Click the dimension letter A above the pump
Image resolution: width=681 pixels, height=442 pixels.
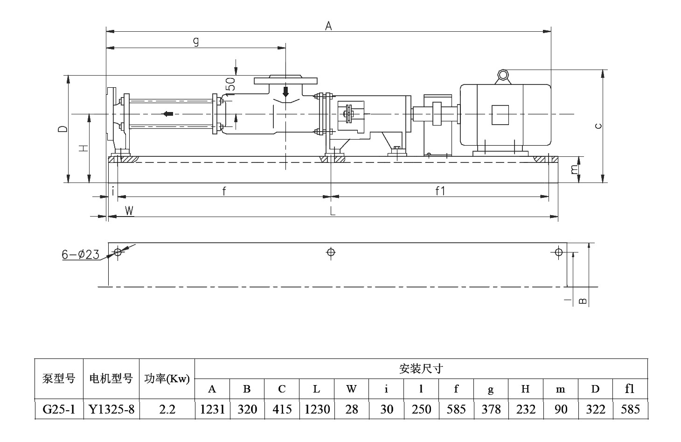(328, 26)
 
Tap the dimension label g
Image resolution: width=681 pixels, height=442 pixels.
(196, 42)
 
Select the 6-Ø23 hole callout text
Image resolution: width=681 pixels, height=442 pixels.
(81, 254)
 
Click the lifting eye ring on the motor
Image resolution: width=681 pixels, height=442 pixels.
(502, 75)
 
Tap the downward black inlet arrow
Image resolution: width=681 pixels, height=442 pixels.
(286, 91)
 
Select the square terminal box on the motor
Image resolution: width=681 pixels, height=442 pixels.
(500, 114)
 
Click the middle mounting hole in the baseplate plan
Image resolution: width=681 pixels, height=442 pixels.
(331, 253)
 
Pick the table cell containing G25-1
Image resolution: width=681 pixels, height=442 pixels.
(59, 409)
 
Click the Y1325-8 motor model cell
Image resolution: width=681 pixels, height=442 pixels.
(111, 409)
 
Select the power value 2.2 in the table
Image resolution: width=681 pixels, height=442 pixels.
(167, 409)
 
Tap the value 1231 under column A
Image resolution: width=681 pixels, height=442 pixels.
(212, 409)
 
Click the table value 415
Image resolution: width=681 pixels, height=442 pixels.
(282, 409)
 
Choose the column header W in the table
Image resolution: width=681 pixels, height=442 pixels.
(351, 389)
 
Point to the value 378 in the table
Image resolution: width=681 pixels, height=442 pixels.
(491, 409)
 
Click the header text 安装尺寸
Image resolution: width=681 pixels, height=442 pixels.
(421, 369)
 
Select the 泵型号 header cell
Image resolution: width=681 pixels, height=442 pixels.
(59, 379)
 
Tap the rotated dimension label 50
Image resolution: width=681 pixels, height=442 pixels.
(230, 84)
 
